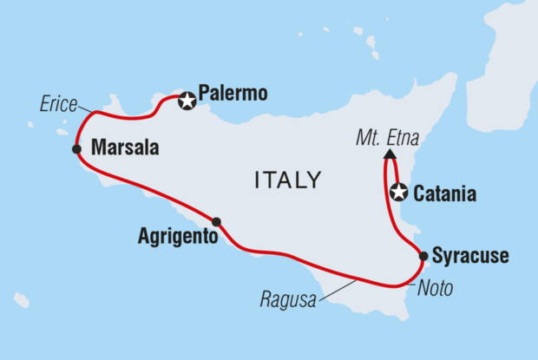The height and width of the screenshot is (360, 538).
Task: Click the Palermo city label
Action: coord(232,92)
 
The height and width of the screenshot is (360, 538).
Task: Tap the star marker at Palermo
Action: coord(187,101)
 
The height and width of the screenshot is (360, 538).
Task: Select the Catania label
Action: coord(445,194)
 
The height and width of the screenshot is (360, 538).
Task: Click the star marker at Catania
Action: coord(398,193)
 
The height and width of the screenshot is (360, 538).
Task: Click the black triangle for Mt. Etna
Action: coord(387,154)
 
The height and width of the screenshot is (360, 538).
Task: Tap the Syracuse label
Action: coord(469,256)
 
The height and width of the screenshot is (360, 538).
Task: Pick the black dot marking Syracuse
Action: coord(423,256)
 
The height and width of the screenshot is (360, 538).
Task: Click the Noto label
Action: coord(435,289)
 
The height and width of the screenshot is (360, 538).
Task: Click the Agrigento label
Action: coord(176,235)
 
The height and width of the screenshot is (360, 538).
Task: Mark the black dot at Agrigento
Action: coord(216,221)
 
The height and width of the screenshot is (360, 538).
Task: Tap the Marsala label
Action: coord(125,148)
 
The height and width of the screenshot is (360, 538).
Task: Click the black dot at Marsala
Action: coord(77,149)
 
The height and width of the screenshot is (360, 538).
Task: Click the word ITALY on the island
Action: coord(287,180)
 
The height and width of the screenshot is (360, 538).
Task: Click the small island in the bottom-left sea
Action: coord(21,300)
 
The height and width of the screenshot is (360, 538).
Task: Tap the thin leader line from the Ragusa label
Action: coord(338,290)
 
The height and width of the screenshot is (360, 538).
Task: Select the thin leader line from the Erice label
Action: coord(86,109)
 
